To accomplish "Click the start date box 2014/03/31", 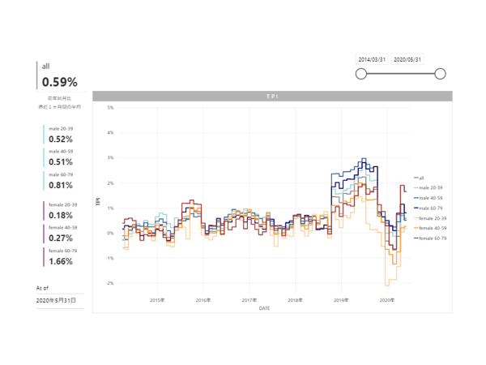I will coord(372,59).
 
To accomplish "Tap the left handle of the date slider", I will coord(361,74).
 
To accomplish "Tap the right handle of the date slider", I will coord(440,74).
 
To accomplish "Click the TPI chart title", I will coord(271,97).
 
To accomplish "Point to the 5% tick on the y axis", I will coord(110,107).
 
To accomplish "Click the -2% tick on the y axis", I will coord(110,283).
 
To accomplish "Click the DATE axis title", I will coord(264,308).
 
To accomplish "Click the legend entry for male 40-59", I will coord(430,198).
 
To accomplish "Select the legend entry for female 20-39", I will coord(432,218).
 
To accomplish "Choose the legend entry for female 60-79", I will coord(432,238).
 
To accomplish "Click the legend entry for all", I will coord(422,178).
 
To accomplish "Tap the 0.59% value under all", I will coord(60,81).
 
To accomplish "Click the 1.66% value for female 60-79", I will coord(61,262).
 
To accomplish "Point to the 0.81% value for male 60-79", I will coord(61,185).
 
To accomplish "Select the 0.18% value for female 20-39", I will coord(61,215).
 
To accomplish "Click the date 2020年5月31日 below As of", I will coord(57,300).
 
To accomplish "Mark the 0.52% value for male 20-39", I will coord(61,140).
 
